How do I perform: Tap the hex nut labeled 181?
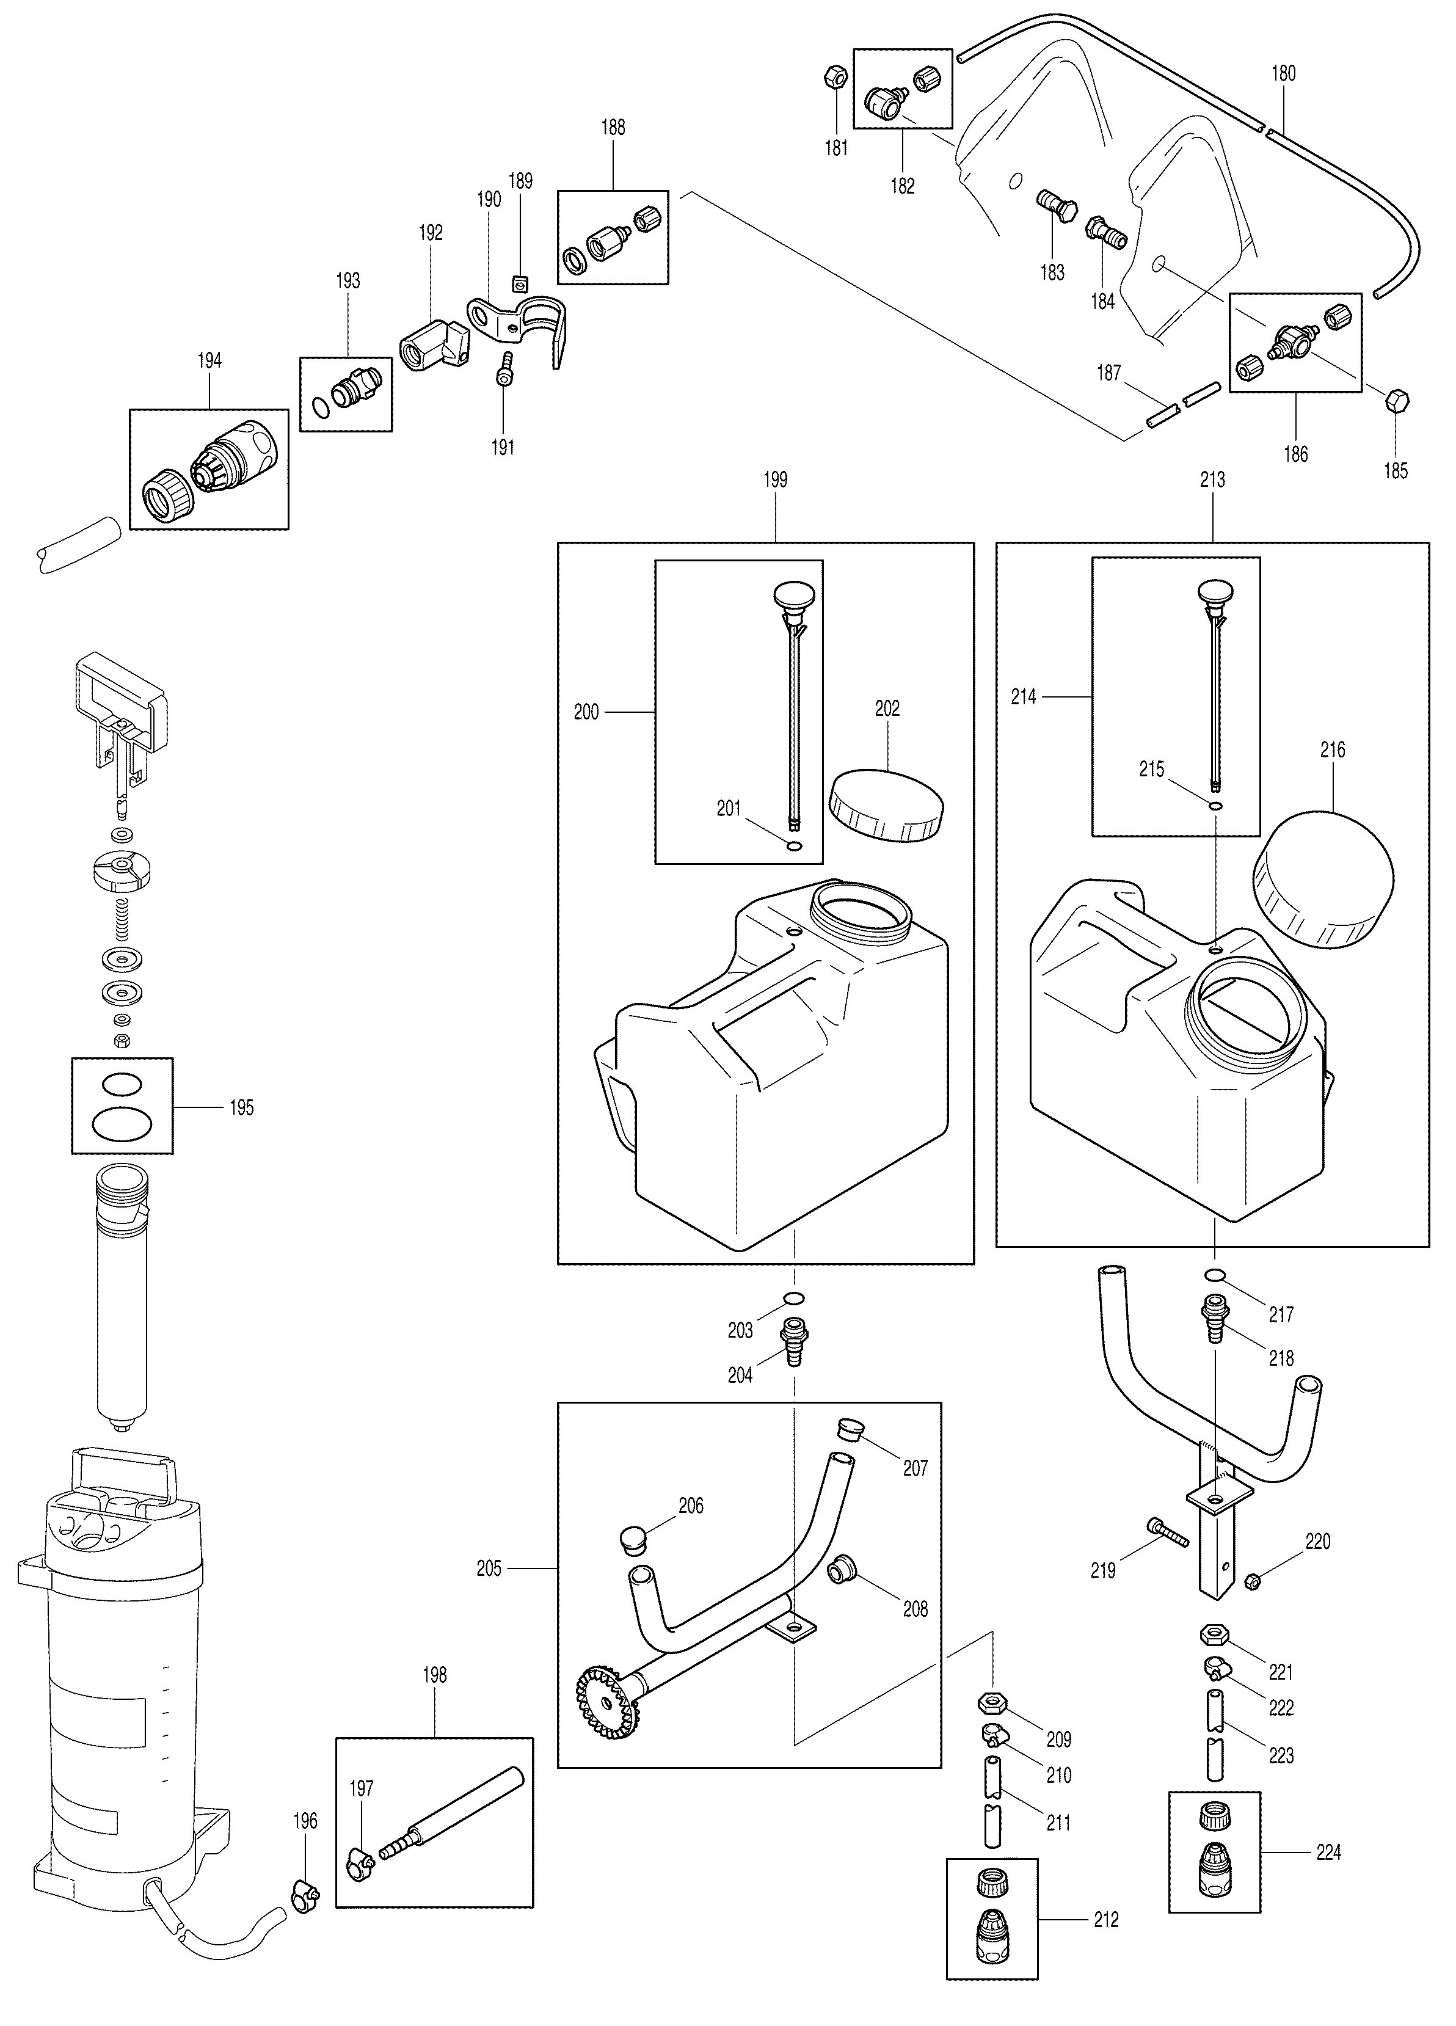point(836,78)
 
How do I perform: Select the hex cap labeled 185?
point(1396,401)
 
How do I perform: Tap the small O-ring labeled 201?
point(794,846)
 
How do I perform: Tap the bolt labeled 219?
point(1167,1529)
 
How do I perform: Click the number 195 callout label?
point(241,1108)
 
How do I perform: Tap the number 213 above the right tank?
point(1212,479)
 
